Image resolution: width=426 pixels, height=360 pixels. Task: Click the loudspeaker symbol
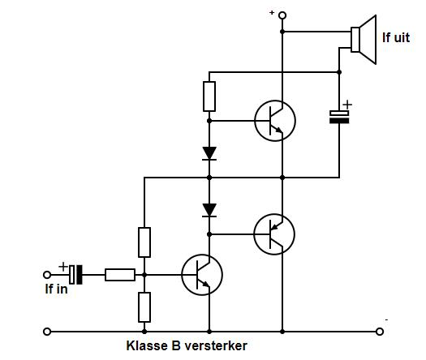click(364, 40)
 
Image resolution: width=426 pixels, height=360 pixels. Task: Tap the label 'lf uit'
click(396, 37)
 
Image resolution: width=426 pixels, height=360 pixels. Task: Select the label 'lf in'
click(56, 289)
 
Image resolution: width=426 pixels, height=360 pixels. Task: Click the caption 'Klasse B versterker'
click(187, 346)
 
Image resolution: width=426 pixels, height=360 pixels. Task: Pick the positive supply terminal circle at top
click(282, 15)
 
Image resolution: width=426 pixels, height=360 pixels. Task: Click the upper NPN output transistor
click(275, 121)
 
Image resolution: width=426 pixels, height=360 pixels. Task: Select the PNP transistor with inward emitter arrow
click(274, 234)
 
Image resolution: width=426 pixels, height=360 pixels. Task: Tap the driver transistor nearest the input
click(202, 275)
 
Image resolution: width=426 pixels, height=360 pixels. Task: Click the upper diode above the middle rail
click(209, 154)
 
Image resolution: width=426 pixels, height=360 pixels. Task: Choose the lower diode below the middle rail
click(209, 211)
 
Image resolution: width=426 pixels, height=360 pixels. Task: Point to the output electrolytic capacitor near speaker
click(339, 117)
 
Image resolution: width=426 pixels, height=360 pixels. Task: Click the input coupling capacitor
click(75, 275)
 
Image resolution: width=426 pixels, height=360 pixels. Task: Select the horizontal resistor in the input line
click(120, 275)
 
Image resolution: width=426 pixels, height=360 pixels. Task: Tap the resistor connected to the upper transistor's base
click(209, 96)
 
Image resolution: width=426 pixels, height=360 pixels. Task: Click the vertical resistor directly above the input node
click(144, 242)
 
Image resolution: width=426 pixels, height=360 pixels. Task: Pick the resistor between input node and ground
click(144, 307)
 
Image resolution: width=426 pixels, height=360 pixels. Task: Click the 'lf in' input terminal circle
click(47, 275)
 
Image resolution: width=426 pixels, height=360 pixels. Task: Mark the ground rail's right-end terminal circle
click(380, 332)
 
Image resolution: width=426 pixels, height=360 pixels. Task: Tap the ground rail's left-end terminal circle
click(47, 332)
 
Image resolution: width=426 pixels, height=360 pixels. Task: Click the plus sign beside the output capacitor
click(347, 105)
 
